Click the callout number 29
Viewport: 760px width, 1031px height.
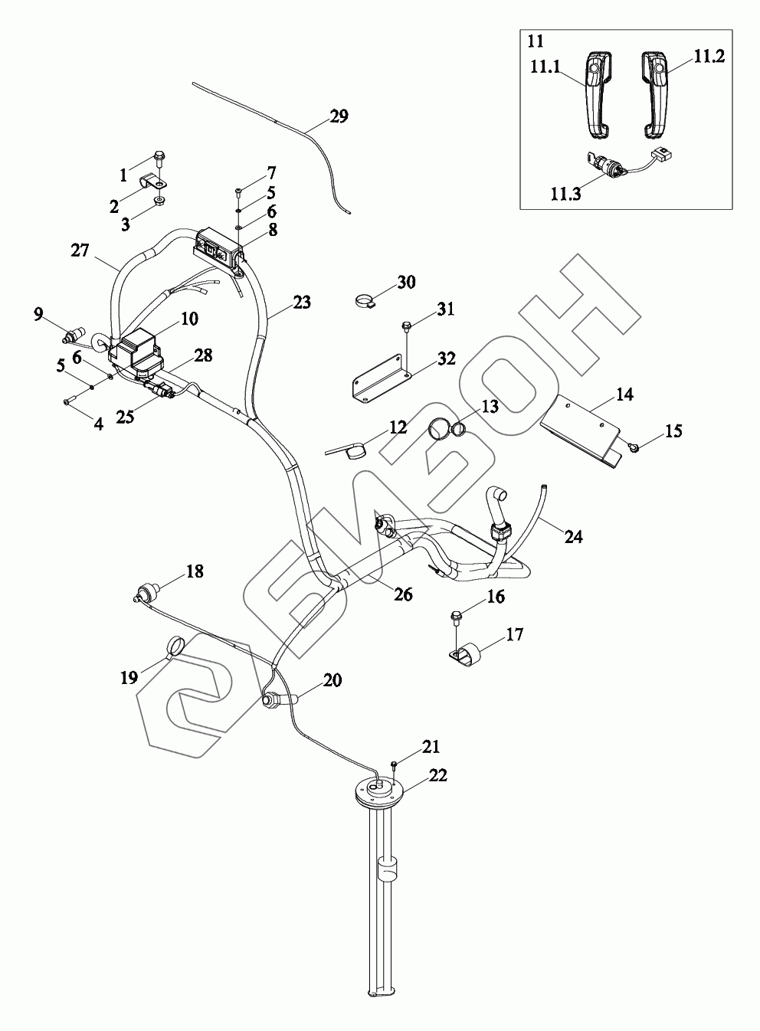pos(339,116)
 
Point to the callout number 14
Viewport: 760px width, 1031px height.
pos(624,395)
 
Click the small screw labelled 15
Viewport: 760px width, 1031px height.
pos(635,446)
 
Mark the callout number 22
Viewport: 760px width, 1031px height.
pos(437,775)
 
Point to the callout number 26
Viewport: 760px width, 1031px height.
pos(403,594)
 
